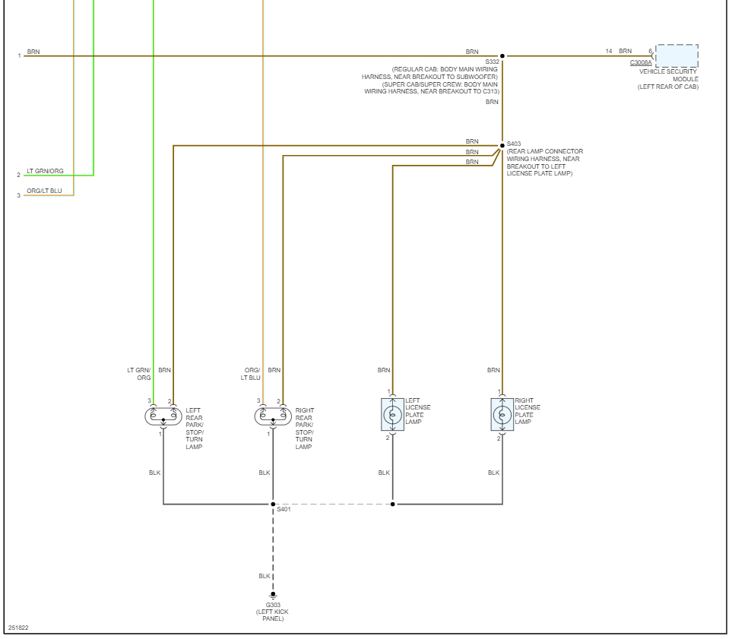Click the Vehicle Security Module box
coord(677,56)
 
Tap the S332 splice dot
coord(502,56)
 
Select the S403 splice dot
coord(502,145)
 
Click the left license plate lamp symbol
coord(392,414)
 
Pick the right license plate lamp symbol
coord(502,414)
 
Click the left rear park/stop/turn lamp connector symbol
coord(163,415)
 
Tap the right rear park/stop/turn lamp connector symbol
coord(272,415)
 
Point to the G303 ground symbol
coord(273,595)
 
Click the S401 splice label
coord(284,509)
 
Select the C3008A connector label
coord(640,63)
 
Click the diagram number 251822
coord(18,628)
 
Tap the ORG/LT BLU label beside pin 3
coord(44,191)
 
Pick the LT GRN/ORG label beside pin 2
coord(45,171)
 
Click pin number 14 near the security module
coord(609,51)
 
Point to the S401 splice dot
coord(273,504)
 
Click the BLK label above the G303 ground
coord(264,576)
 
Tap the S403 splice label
coord(514,144)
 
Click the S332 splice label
coord(493,62)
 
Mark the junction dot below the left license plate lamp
coord(392,504)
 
